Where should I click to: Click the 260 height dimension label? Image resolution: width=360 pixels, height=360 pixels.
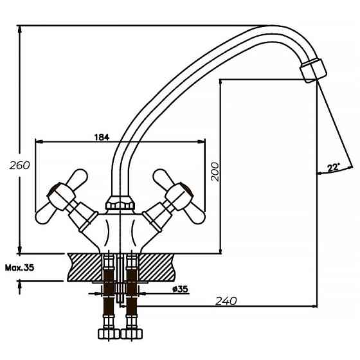click(x=20, y=166)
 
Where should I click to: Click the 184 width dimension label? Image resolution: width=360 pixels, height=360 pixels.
click(x=102, y=136)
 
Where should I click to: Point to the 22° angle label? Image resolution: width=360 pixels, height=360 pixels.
click(x=333, y=168)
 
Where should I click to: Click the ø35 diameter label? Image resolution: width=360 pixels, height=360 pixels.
click(x=180, y=289)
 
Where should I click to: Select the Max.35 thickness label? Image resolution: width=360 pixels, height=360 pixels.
click(x=19, y=268)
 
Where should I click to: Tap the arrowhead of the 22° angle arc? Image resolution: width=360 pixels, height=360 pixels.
click(x=319, y=173)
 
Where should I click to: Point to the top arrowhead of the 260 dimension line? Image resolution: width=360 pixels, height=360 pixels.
click(x=20, y=30)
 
